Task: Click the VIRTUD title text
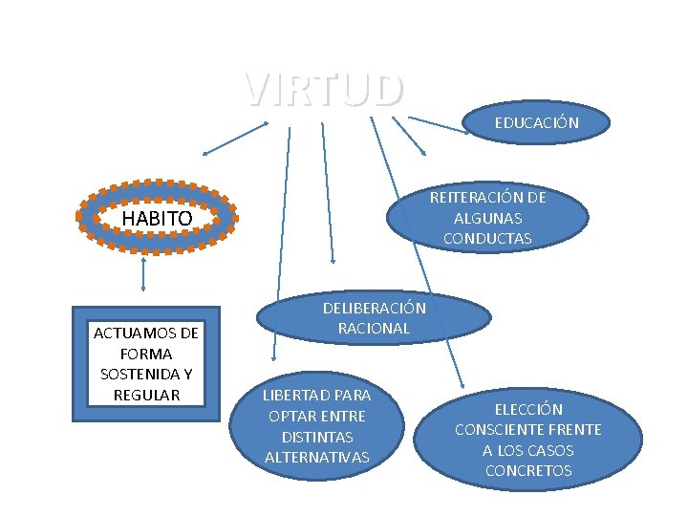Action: (x=323, y=90)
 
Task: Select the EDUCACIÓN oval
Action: (x=536, y=122)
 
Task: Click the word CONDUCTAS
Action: (x=487, y=239)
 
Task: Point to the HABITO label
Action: (x=158, y=219)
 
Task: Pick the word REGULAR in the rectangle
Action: (x=146, y=394)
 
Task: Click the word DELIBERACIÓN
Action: (x=374, y=308)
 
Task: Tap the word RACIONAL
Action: (x=374, y=328)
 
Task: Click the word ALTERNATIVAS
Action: (x=316, y=457)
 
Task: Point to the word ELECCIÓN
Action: (x=527, y=409)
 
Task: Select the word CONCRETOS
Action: (x=528, y=470)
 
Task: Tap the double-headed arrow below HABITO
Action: (x=142, y=274)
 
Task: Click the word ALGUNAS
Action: (x=487, y=218)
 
